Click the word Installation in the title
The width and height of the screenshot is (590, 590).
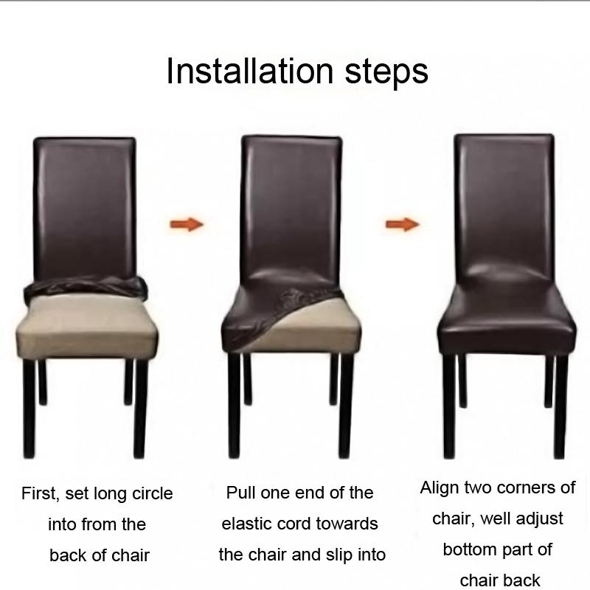coord(249,72)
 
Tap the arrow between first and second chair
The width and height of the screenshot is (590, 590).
coord(186,224)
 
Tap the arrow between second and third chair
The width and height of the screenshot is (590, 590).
coord(403,223)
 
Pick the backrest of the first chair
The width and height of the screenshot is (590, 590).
coord(84,206)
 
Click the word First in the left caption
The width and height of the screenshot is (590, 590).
coord(39,493)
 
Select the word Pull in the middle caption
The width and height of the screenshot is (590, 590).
coord(240,493)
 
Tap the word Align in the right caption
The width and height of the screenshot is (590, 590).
coord(440,487)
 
